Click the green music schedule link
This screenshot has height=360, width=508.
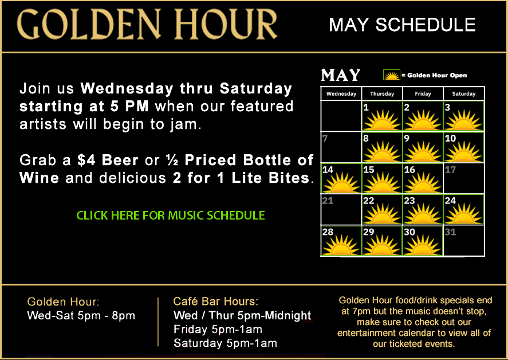coord(171,216)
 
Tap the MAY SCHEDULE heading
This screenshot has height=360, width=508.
coord(402,25)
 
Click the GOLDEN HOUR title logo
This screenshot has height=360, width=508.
coord(147,24)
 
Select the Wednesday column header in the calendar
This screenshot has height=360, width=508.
coord(341,94)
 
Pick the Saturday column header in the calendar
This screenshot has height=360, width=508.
coord(464,94)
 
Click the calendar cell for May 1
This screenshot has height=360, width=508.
coord(382,116)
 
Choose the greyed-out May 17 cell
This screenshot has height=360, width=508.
coord(464,178)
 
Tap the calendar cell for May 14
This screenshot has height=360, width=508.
coord(341,178)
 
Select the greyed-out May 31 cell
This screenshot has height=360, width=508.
coord(464,241)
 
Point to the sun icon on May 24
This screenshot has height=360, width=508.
coord(464,213)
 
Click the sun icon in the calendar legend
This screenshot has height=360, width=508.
coord(392,75)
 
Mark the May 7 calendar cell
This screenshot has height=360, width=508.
coord(341,147)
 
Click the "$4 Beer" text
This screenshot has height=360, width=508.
coord(108,160)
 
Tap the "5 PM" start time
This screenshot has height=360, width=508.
coord(129,107)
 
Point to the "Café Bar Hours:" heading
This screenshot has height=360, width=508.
coord(216,302)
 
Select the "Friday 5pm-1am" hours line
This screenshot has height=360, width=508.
coord(218,329)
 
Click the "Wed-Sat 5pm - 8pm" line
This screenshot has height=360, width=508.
coord(81,315)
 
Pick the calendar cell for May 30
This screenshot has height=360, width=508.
coord(423,241)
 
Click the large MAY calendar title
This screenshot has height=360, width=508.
coord(341,75)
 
